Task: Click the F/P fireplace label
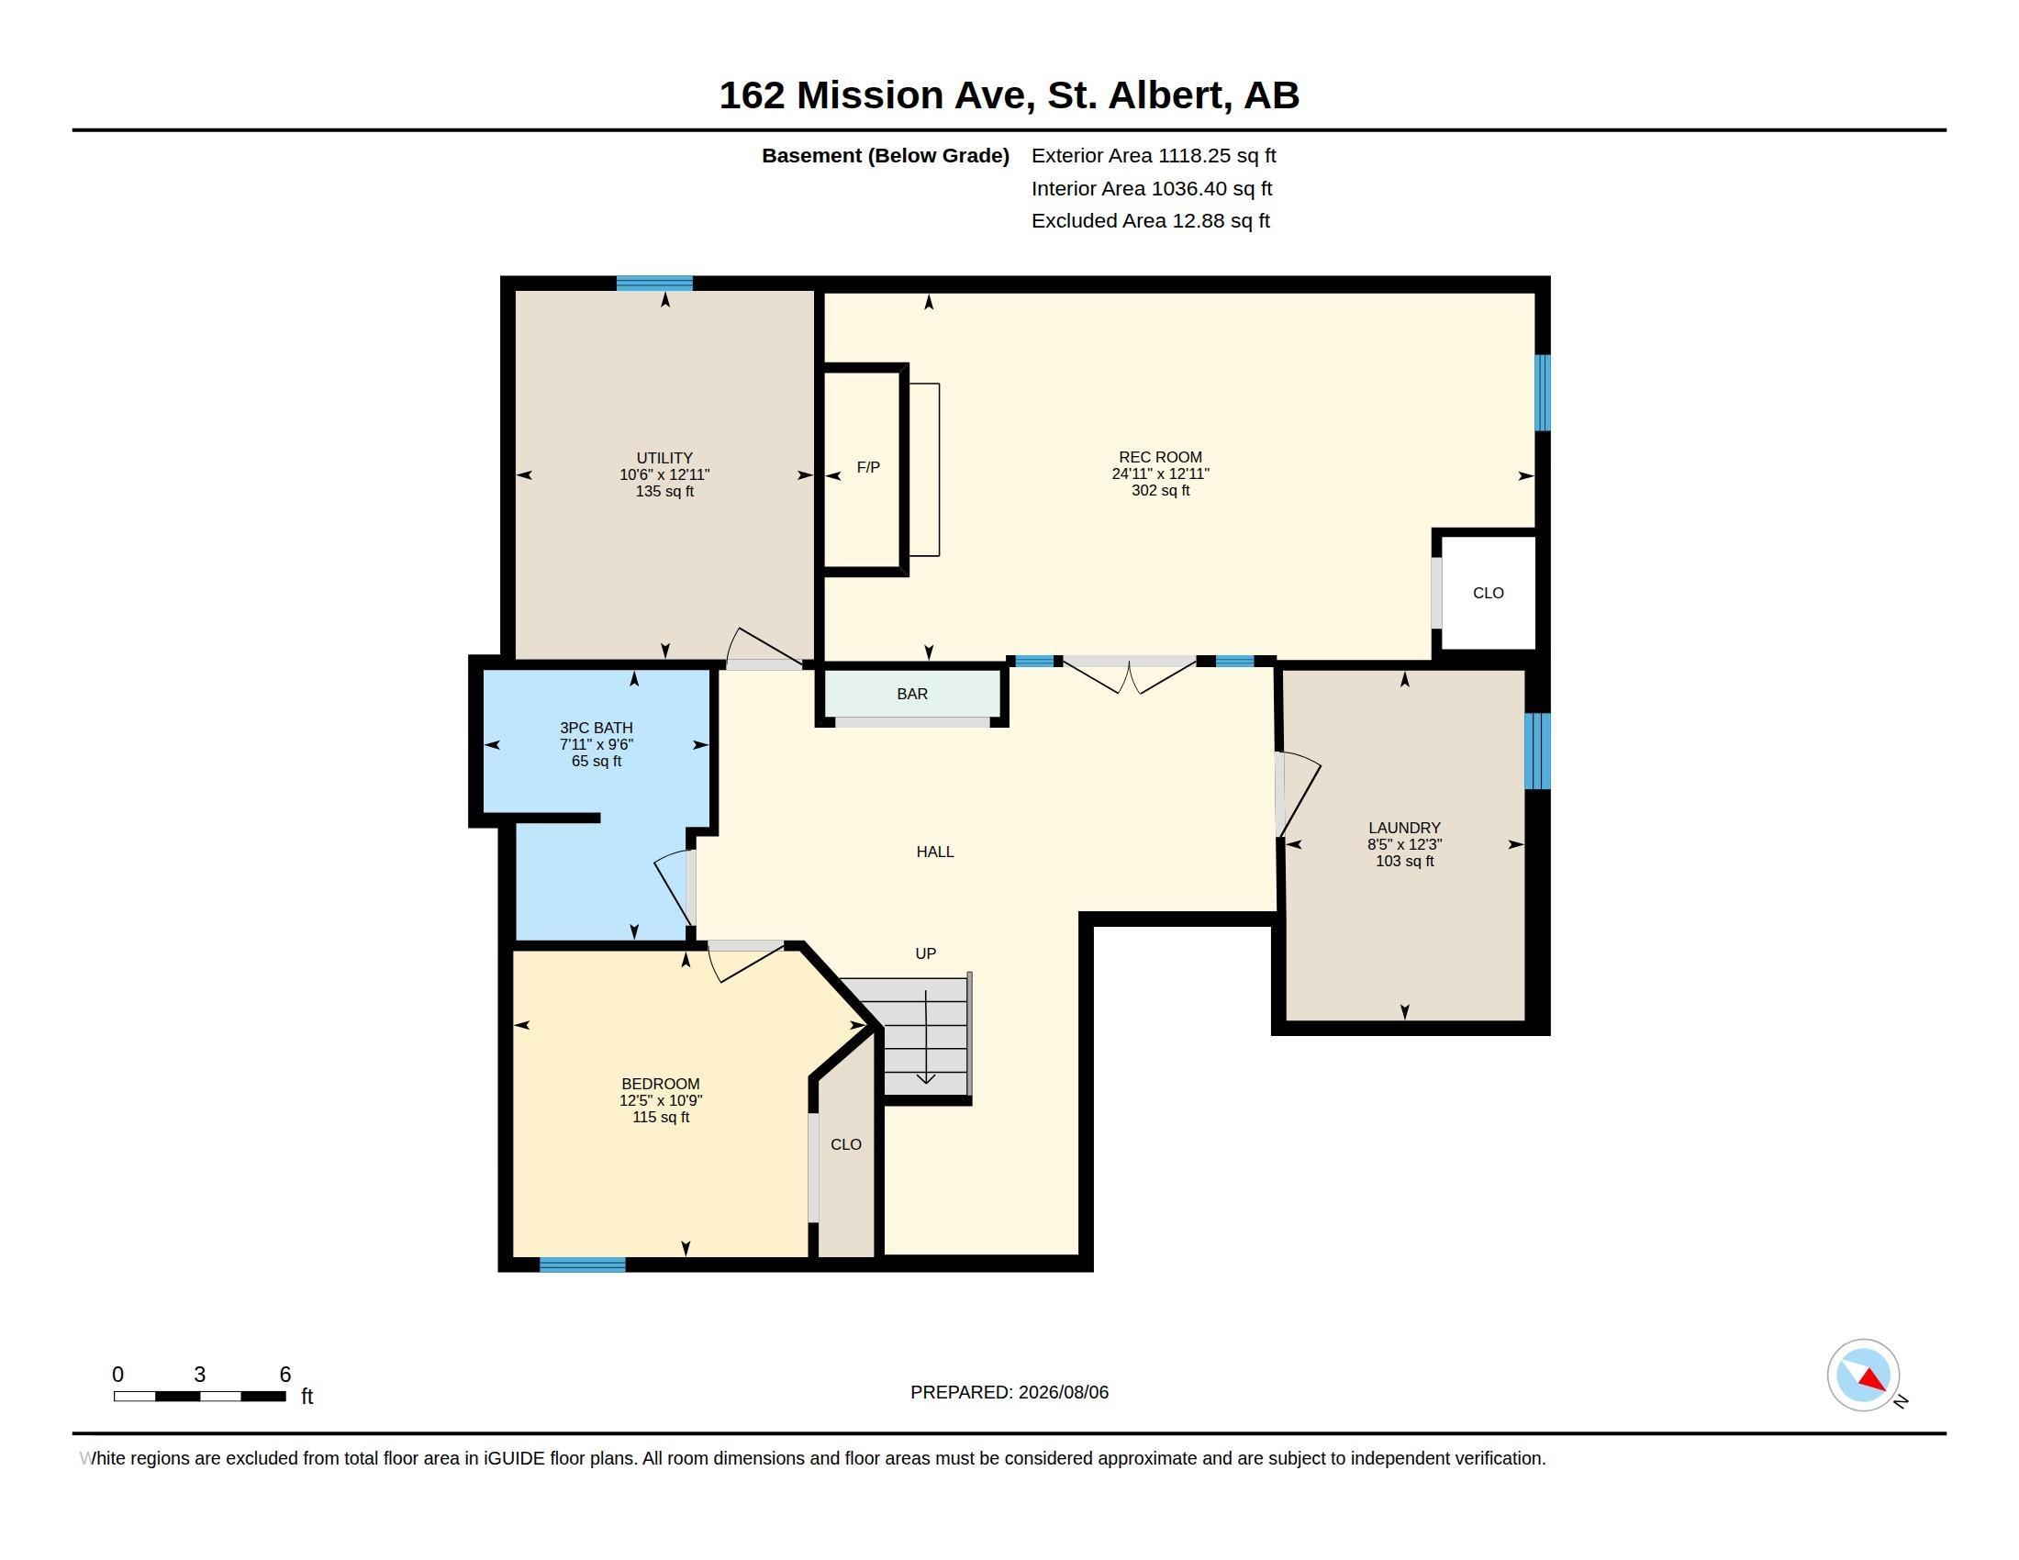[867, 468]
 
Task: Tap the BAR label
[911, 694]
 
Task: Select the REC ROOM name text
[1160, 458]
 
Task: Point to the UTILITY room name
[664, 459]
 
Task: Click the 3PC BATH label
[597, 729]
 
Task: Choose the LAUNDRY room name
[1404, 828]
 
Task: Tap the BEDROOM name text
[660, 1084]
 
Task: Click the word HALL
[934, 852]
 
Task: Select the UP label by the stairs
[925, 953]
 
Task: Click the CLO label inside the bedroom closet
[846, 1145]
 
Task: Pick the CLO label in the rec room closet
[1488, 594]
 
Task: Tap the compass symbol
[1863, 1376]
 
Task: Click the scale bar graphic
[200, 1397]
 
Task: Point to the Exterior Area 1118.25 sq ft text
[1154, 156]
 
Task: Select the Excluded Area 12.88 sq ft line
[1151, 221]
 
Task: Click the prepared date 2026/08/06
[1063, 1393]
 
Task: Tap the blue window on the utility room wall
[654, 284]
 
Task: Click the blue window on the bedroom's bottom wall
[583, 1265]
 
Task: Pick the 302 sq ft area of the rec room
[1160, 491]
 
